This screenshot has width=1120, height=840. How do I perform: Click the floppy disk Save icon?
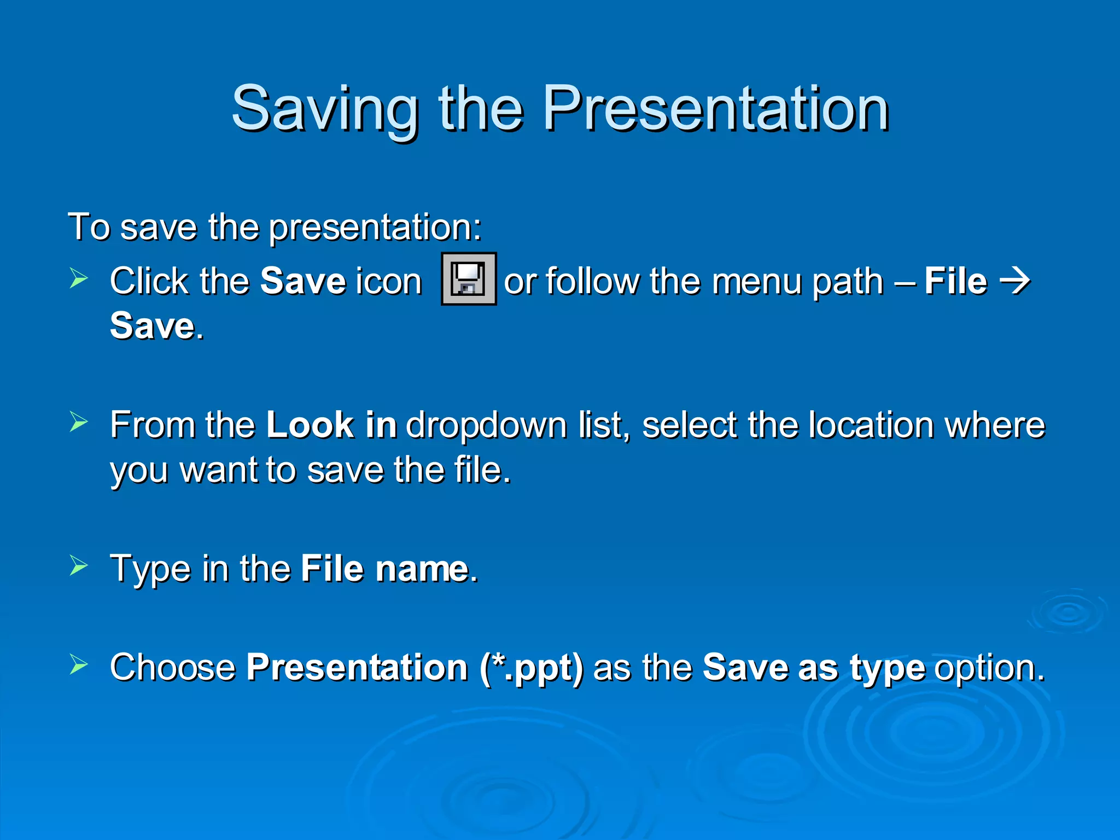(469, 279)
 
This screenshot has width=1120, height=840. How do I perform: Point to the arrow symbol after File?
(1015, 282)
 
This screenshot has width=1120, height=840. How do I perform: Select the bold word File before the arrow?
(955, 282)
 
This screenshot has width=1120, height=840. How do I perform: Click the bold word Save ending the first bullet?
(153, 326)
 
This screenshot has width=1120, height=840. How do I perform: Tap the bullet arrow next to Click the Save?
(79, 278)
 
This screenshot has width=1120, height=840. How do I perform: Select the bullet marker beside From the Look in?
(79, 422)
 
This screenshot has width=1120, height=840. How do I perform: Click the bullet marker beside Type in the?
(79, 565)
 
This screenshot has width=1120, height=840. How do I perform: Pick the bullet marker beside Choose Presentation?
(79, 664)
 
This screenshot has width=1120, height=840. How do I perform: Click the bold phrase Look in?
(331, 425)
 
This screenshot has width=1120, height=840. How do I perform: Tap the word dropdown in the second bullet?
(486, 426)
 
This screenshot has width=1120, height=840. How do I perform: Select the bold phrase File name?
(384, 569)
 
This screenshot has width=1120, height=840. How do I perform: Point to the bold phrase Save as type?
(814, 668)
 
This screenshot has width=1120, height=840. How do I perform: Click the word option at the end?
(989, 668)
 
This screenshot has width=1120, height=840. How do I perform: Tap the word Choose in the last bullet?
(173, 668)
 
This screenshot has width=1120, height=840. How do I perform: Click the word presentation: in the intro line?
(375, 227)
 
